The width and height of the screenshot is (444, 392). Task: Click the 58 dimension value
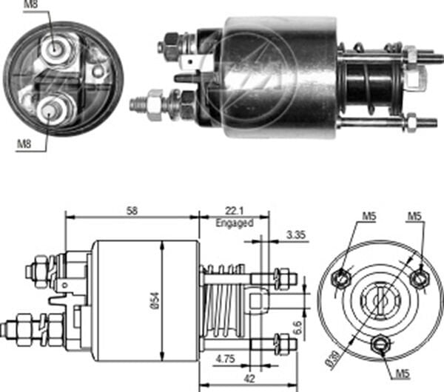pos(132,212)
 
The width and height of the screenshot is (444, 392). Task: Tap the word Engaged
pos(234,223)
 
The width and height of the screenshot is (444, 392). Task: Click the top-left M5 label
pos(369,216)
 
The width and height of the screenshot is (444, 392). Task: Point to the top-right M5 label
pos(416,216)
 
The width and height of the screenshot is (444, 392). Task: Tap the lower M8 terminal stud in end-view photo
pos(50,109)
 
